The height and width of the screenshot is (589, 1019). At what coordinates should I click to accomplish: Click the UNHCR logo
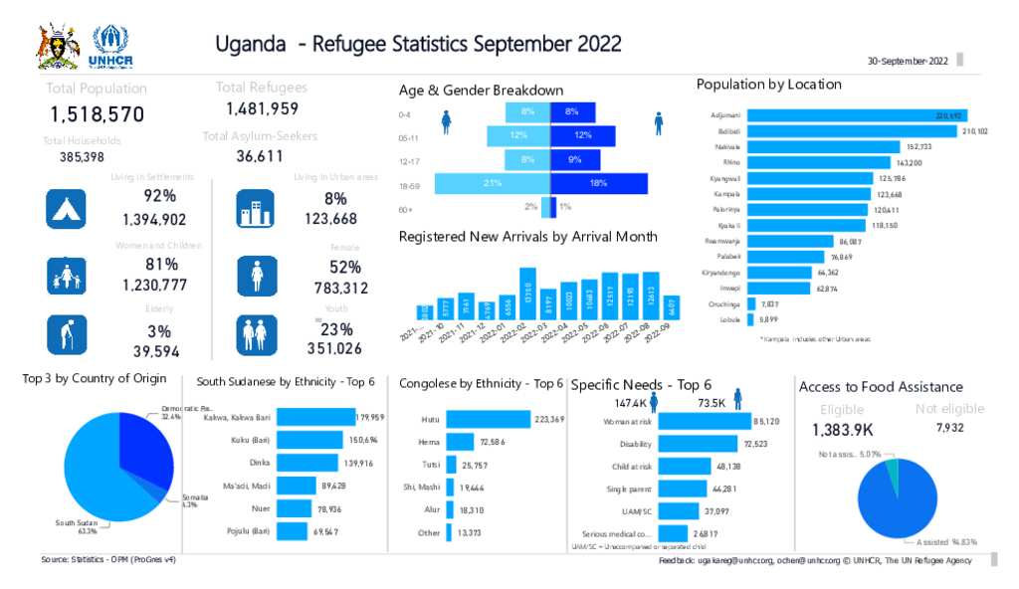pyautogui.click(x=109, y=46)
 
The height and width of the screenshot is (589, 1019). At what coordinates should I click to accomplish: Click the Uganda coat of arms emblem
pyautogui.click(x=58, y=46)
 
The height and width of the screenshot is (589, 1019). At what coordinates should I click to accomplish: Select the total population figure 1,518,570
pyautogui.click(x=98, y=113)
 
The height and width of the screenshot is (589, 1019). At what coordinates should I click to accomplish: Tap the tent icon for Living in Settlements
pyautogui.click(x=67, y=208)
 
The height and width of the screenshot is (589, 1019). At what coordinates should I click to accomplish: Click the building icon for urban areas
pyautogui.click(x=256, y=208)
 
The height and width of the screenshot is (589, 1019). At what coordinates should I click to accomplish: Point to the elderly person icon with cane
pyautogui.click(x=67, y=335)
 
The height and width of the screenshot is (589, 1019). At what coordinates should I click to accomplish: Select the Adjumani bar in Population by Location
pyautogui.click(x=857, y=116)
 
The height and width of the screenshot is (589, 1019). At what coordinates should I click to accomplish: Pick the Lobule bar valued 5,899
pyautogui.click(x=751, y=319)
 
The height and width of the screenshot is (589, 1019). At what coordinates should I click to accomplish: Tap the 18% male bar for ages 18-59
pyautogui.click(x=598, y=183)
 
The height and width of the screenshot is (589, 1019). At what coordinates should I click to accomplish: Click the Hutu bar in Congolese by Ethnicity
pyautogui.click(x=489, y=420)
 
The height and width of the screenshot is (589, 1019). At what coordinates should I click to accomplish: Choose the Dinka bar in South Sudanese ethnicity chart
pyautogui.click(x=303, y=463)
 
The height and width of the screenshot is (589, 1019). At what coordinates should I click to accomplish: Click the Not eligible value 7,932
pyautogui.click(x=949, y=429)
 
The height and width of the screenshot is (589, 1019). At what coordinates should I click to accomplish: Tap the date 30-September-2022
pyautogui.click(x=908, y=61)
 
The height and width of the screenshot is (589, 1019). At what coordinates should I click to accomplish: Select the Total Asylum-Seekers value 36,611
pyautogui.click(x=260, y=156)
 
